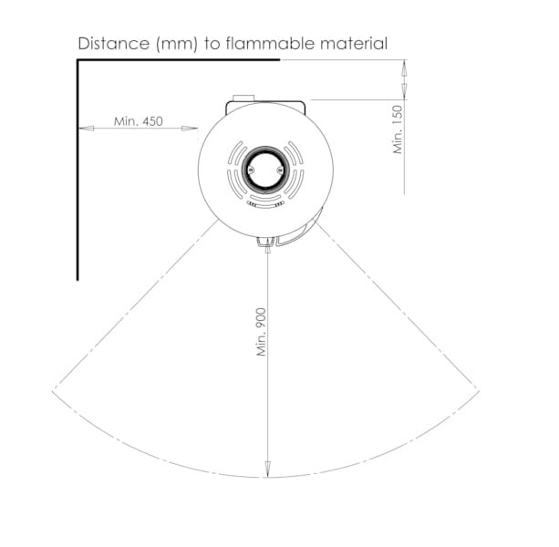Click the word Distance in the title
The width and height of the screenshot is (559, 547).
pyautogui.click(x=114, y=44)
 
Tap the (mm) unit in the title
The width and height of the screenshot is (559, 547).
pyautogui.click(x=177, y=44)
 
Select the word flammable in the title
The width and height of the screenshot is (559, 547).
pyautogui.click(x=270, y=44)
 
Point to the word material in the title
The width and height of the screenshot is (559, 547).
pyautogui.click(x=354, y=44)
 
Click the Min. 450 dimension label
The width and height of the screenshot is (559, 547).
pyautogui.click(x=139, y=121)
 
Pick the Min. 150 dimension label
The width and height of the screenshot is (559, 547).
pyautogui.click(x=398, y=129)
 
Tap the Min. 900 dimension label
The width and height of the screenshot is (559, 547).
pyautogui.click(x=262, y=332)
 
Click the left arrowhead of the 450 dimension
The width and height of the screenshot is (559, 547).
pyautogui.click(x=86, y=129)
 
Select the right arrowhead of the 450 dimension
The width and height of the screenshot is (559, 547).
pyautogui.click(x=190, y=129)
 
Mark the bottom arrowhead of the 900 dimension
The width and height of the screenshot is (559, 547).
pyautogui.click(x=268, y=469)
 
